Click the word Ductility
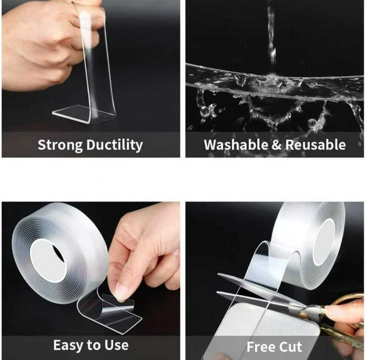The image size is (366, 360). coord(114,145)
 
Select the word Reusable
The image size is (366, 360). coord(316,145)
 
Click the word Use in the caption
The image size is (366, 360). coord(116,345)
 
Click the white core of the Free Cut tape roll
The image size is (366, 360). coord(324,241)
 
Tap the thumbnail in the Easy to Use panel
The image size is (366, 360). coord(121,291)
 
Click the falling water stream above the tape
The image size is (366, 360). coord(271,34)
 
